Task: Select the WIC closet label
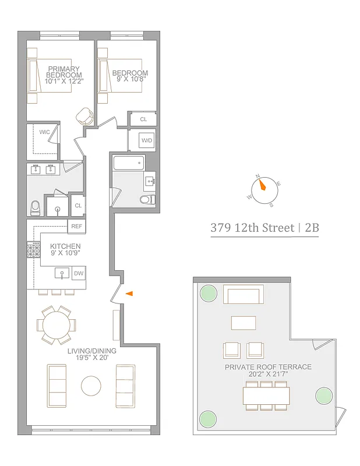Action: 44,132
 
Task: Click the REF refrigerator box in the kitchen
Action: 76,226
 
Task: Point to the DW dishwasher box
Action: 78,273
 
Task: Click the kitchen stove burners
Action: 33,251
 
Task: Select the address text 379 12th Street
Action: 252,228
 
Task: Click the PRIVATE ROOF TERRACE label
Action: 268,367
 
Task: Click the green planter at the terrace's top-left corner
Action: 208,294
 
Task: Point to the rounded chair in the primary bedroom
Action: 86,116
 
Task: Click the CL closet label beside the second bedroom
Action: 143,120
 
